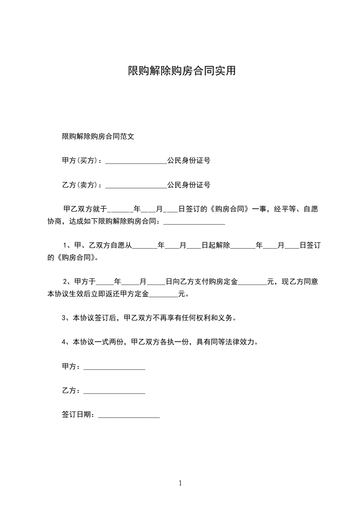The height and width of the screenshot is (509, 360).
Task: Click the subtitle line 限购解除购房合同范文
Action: [x=98, y=136]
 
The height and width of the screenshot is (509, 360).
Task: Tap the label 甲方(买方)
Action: [x=81, y=161]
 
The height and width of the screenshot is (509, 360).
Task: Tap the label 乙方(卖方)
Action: [x=81, y=185]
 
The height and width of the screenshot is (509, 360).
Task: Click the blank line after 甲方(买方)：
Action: [x=136, y=162]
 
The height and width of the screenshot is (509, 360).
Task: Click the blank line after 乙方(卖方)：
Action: [x=136, y=186]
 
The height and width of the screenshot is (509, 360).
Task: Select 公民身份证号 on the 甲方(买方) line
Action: [x=188, y=161]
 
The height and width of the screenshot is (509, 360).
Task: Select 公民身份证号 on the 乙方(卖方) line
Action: [x=188, y=185]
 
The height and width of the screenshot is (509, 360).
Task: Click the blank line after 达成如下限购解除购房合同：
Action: [x=194, y=223]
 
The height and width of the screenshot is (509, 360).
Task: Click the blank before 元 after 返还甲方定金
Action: [x=163, y=295]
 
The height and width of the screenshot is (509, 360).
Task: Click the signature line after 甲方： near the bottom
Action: [x=114, y=367]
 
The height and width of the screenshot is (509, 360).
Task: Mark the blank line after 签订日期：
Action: [x=129, y=416]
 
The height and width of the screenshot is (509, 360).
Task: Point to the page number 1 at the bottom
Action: [x=180, y=483]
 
